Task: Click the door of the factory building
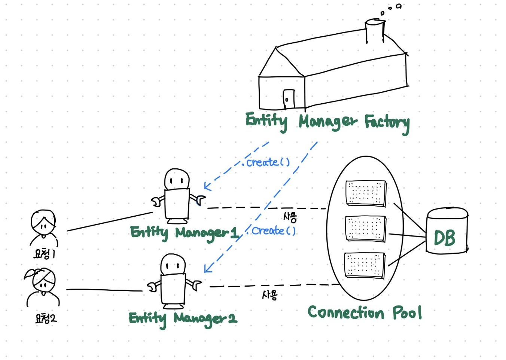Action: coord(289,99)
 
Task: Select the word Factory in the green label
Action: coord(387,122)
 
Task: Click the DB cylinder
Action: coord(447,231)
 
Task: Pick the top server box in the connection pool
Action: coord(366,193)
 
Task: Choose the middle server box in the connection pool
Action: coord(365,228)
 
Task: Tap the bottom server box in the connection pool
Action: coord(365,265)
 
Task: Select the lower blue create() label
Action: coord(273,231)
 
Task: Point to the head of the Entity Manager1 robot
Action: coord(177,179)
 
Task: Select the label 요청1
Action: coord(45,254)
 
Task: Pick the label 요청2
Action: coord(46,318)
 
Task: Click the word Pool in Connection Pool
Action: coord(407,312)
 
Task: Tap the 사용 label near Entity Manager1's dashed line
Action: coord(290,217)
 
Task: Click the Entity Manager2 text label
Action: coord(183,318)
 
